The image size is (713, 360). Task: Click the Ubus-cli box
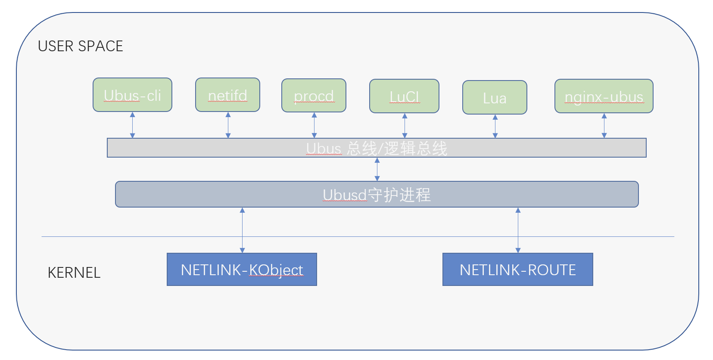[132, 95]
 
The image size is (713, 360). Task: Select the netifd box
[227, 95]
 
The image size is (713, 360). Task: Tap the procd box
[314, 96]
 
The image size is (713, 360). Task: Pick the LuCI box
[404, 96]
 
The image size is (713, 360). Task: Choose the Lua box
[495, 98]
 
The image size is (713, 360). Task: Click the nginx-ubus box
[604, 96]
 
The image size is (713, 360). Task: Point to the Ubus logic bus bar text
[377, 149]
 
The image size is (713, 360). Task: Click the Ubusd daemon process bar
[377, 195]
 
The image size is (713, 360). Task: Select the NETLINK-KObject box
[242, 270]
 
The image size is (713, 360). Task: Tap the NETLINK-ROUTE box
[517, 270]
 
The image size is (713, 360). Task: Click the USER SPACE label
[81, 46]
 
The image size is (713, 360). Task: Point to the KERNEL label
[74, 273]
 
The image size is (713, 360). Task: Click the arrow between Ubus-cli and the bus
[133, 125]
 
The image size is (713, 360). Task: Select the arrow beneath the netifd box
[228, 125]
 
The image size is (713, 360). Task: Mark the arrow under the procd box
[314, 126]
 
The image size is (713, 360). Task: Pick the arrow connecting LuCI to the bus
[405, 126]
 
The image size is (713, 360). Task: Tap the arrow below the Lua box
[495, 127]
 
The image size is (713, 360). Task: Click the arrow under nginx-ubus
[604, 126]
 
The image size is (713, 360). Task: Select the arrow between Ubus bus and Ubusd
[377, 169]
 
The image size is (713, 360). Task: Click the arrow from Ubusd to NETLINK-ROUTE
[518, 230]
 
